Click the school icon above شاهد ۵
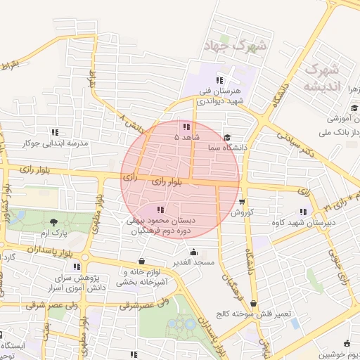[186, 127]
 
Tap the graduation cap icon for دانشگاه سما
[227, 138]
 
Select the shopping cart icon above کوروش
[242, 200]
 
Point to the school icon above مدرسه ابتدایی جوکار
[55, 132]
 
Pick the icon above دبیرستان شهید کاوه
[303, 212]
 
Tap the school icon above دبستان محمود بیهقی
[160, 209]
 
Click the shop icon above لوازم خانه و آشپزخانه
[143, 260]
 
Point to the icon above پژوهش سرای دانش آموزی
[76, 266]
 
